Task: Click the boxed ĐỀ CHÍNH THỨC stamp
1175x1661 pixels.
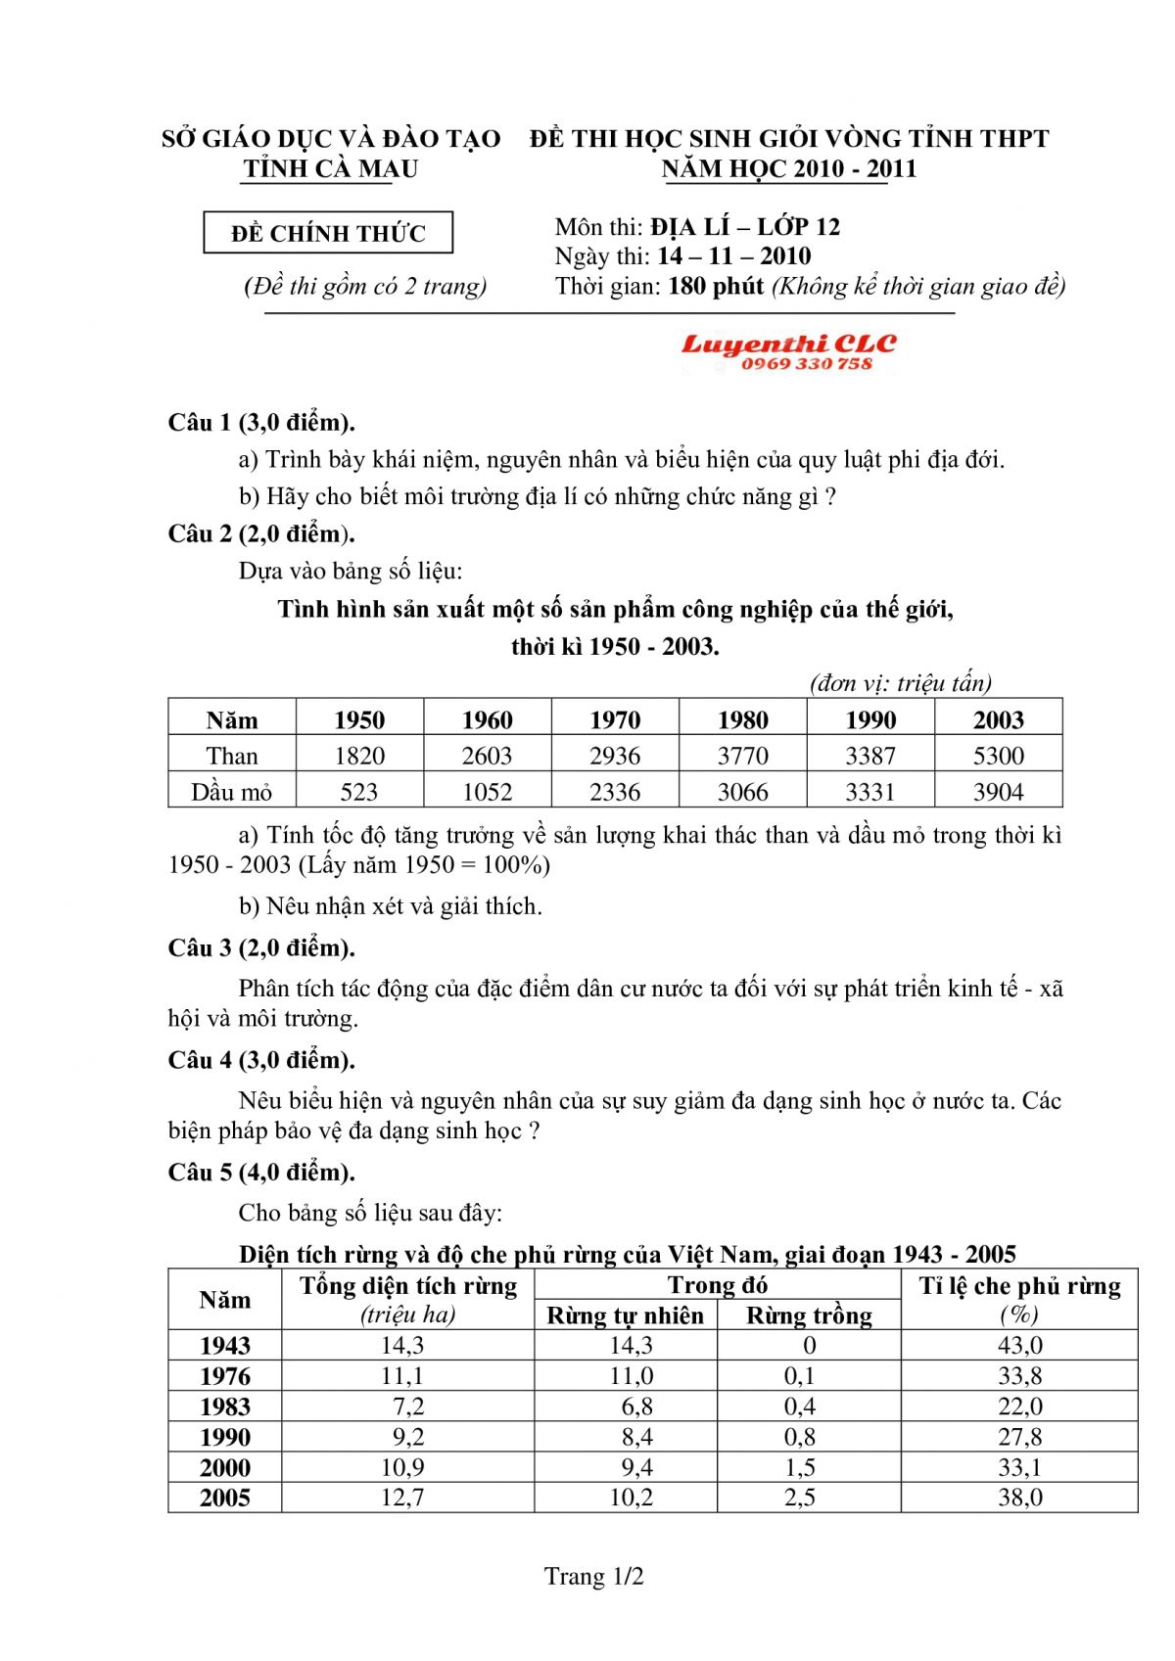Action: [x=328, y=234]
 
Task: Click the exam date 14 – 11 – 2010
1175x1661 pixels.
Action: [x=733, y=256]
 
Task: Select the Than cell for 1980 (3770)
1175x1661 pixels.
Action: [x=742, y=756]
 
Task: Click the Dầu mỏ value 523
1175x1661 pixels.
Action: [x=358, y=792]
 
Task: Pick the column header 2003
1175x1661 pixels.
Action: [x=998, y=719]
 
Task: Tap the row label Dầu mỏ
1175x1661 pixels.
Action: [x=231, y=792]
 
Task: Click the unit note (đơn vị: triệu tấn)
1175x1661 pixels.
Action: [x=900, y=683]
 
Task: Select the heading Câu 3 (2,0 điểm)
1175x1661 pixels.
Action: [x=261, y=947]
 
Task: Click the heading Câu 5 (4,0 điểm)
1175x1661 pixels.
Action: [x=261, y=1172]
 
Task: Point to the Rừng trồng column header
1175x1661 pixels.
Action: [x=809, y=1315]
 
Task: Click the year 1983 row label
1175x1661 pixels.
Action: [x=225, y=1407]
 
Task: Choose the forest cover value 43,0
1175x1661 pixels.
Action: [x=1019, y=1346]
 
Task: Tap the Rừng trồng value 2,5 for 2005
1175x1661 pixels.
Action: [x=799, y=1498]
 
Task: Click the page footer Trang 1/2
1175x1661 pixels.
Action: [x=593, y=1577]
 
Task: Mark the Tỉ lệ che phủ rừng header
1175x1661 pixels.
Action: [x=1019, y=1286]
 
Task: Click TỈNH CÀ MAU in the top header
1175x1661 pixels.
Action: [x=330, y=168]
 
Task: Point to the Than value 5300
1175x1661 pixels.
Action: [x=998, y=756]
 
